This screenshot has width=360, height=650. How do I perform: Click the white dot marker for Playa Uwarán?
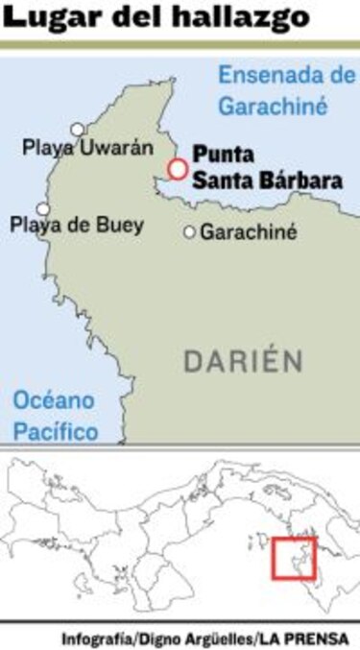[78, 129]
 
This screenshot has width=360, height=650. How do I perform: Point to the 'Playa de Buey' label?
[77, 226]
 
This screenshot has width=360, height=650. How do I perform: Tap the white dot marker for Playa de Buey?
[42, 208]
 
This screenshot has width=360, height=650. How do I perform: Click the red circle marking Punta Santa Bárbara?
[177, 169]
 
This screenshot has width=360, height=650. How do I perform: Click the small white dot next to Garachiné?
[189, 231]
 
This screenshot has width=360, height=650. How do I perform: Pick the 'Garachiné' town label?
[248, 231]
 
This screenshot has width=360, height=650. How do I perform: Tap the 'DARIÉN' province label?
[243, 362]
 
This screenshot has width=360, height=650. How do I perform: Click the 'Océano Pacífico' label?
[56, 416]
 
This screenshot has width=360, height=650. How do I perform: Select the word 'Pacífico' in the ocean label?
[56, 431]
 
